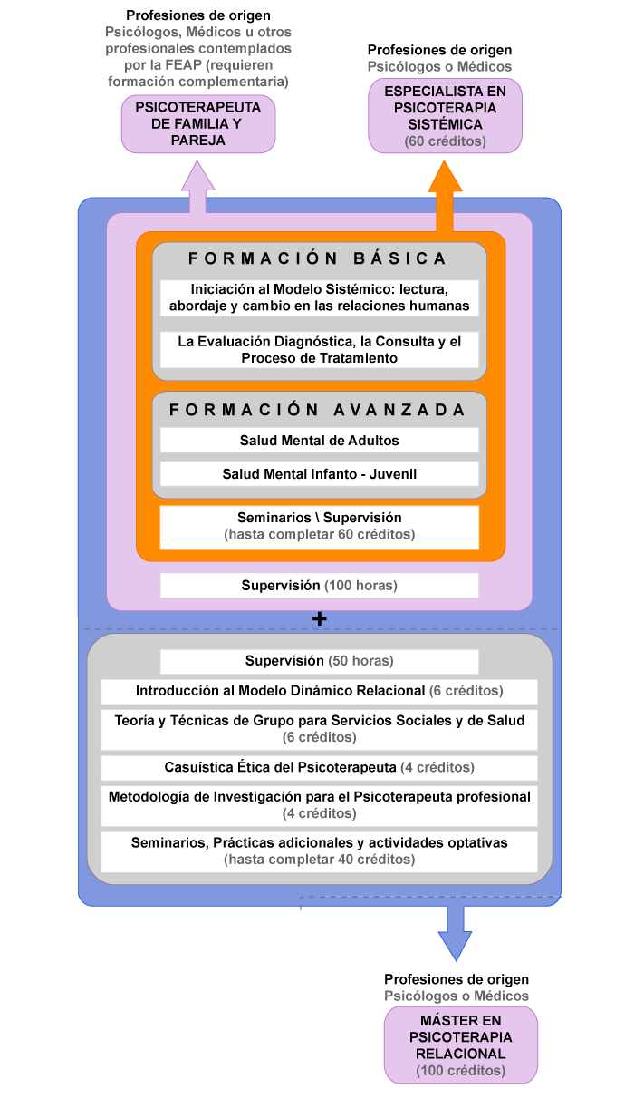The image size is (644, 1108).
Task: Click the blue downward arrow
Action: point(456,933)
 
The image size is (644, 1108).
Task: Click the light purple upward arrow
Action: point(197,187)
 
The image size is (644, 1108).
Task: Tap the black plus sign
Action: point(319,618)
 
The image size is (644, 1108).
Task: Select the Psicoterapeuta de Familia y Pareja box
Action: point(198,124)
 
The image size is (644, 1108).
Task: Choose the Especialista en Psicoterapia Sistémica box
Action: point(445,116)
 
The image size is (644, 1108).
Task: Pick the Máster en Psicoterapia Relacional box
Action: point(461,1045)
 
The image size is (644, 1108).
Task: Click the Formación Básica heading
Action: point(317,258)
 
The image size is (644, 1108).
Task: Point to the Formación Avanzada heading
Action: point(317,410)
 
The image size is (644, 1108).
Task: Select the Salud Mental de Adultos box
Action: point(319,441)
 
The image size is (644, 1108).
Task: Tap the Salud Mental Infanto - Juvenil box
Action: point(319,474)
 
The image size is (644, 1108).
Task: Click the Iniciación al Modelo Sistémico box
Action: point(319,297)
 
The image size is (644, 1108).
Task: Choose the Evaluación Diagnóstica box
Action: point(319,350)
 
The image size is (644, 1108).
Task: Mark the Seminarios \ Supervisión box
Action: point(319,528)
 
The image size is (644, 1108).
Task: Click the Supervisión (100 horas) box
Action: point(319,585)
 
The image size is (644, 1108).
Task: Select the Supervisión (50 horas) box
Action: point(319,661)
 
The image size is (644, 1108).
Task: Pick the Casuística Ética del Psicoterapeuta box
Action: point(319,767)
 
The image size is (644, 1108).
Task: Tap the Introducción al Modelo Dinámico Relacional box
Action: point(319,691)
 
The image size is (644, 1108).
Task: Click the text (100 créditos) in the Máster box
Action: point(461,1071)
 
